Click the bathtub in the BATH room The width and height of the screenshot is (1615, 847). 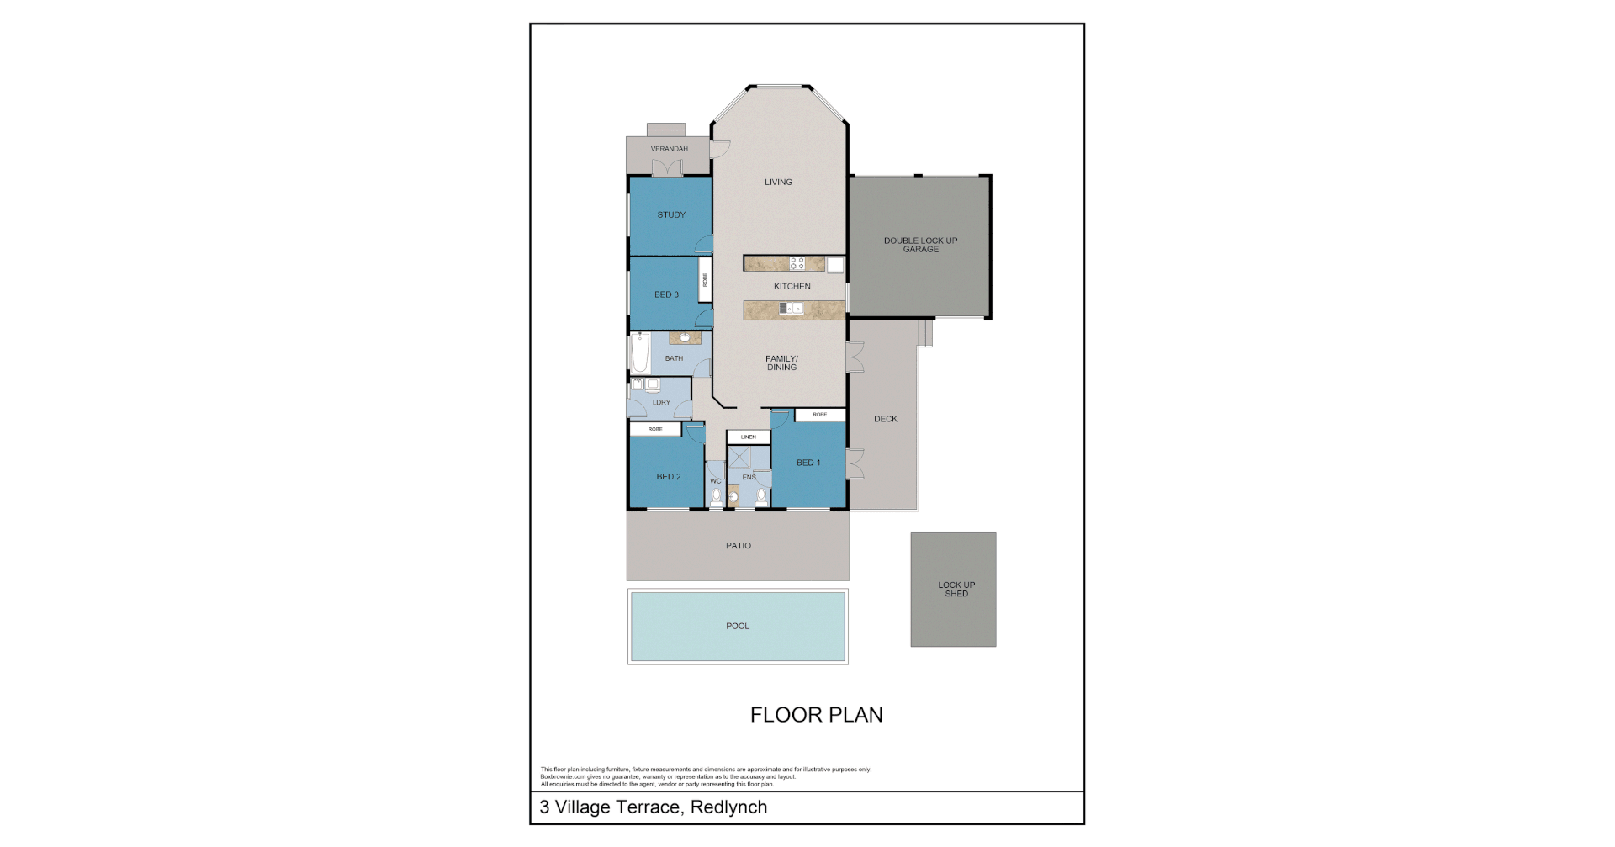tap(639, 353)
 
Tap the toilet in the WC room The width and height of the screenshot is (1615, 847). tap(716, 499)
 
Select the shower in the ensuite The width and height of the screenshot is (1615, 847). tap(739, 458)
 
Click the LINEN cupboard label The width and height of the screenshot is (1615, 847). tap(749, 437)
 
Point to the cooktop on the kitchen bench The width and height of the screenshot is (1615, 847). tap(797, 263)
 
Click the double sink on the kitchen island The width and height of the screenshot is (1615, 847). tap(791, 309)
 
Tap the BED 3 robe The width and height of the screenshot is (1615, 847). tap(705, 280)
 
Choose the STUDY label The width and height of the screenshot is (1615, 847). tap(671, 215)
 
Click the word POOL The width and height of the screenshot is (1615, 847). tap(738, 626)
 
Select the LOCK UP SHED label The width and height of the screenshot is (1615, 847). tap(956, 590)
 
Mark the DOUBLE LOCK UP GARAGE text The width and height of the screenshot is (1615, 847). tap(920, 245)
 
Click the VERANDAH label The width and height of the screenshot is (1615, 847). tap(669, 149)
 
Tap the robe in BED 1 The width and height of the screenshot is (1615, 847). tap(820, 415)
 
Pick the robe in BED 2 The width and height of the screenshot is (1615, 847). tap(655, 430)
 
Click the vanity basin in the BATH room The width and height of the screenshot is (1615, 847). tap(686, 338)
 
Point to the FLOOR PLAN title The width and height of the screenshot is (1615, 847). tap(816, 715)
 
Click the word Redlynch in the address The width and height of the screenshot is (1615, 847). tap(728, 807)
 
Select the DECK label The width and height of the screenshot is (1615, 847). tap(886, 419)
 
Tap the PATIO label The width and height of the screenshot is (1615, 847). tap(739, 546)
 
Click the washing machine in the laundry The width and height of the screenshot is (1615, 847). tap(653, 384)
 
